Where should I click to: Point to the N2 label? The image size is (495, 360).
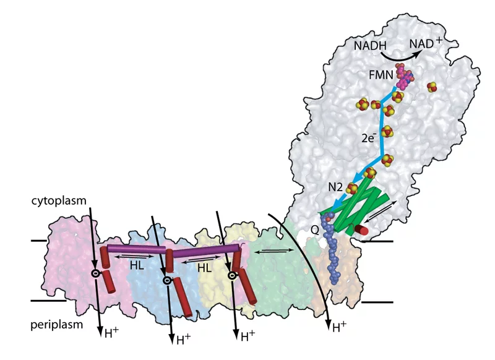pyautogui.click(x=335, y=185)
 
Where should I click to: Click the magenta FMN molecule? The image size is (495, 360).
pyautogui.click(x=403, y=80)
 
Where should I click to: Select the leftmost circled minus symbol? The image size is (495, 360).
pyautogui.click(x=95, y=273)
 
